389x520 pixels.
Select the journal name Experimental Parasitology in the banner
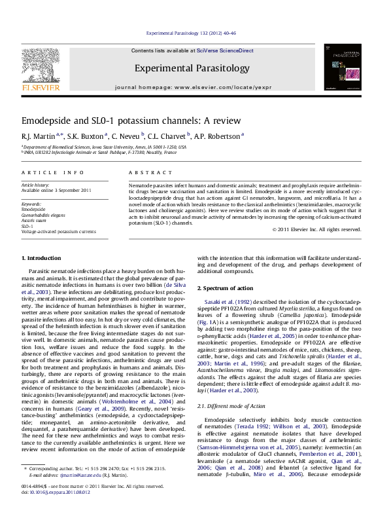[192, 68]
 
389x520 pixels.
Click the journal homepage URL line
[192, 86]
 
